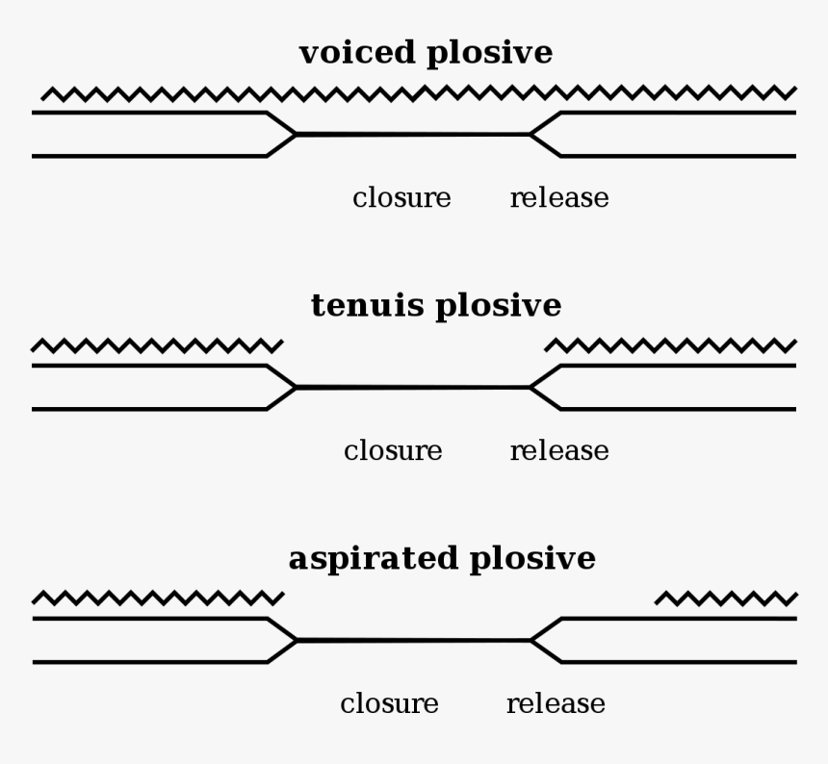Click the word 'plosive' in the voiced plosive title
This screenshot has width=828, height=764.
click(x=490, y=54)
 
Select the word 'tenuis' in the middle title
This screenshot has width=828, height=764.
click(x=367, y=305)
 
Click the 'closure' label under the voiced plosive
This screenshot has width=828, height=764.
click(x=401, y=198)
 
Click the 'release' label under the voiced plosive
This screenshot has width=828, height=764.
click(x=559, y=198)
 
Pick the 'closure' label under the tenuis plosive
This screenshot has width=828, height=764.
click(x=393, y=451)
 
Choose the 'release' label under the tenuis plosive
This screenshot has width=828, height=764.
click(x=559, y=451)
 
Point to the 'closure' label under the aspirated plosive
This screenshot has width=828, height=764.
click(x=389, y=704)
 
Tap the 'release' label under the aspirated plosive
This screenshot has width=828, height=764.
click(x=556, y=704)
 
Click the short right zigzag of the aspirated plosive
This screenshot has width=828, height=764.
click(x=726, y=598)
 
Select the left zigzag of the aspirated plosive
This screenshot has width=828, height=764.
click(x=158, y=598)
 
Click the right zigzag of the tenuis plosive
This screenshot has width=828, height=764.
click(x=671, y=345)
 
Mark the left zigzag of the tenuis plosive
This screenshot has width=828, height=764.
click(x=158, y=345)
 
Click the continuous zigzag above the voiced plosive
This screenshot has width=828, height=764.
click(x=419, y=93)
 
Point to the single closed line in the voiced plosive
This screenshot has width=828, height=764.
click(x=413, y=134)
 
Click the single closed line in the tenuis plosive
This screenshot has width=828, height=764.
click(x=413, y=387)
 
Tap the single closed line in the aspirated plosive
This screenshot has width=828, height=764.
click(x=413, y=640)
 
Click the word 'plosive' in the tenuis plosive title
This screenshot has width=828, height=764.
click(x=499, y=307)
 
